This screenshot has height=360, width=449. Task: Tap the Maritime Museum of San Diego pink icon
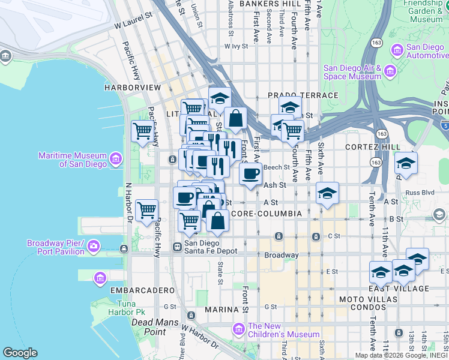115,159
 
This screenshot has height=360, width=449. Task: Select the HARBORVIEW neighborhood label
133,88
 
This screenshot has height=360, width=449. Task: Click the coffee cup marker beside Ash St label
250,174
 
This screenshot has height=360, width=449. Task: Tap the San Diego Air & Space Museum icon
390,72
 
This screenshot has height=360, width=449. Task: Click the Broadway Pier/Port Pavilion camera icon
93,246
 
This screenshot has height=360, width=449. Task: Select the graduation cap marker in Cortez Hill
406,164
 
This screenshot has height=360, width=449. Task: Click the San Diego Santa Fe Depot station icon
178,247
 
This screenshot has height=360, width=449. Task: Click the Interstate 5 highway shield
444,126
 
